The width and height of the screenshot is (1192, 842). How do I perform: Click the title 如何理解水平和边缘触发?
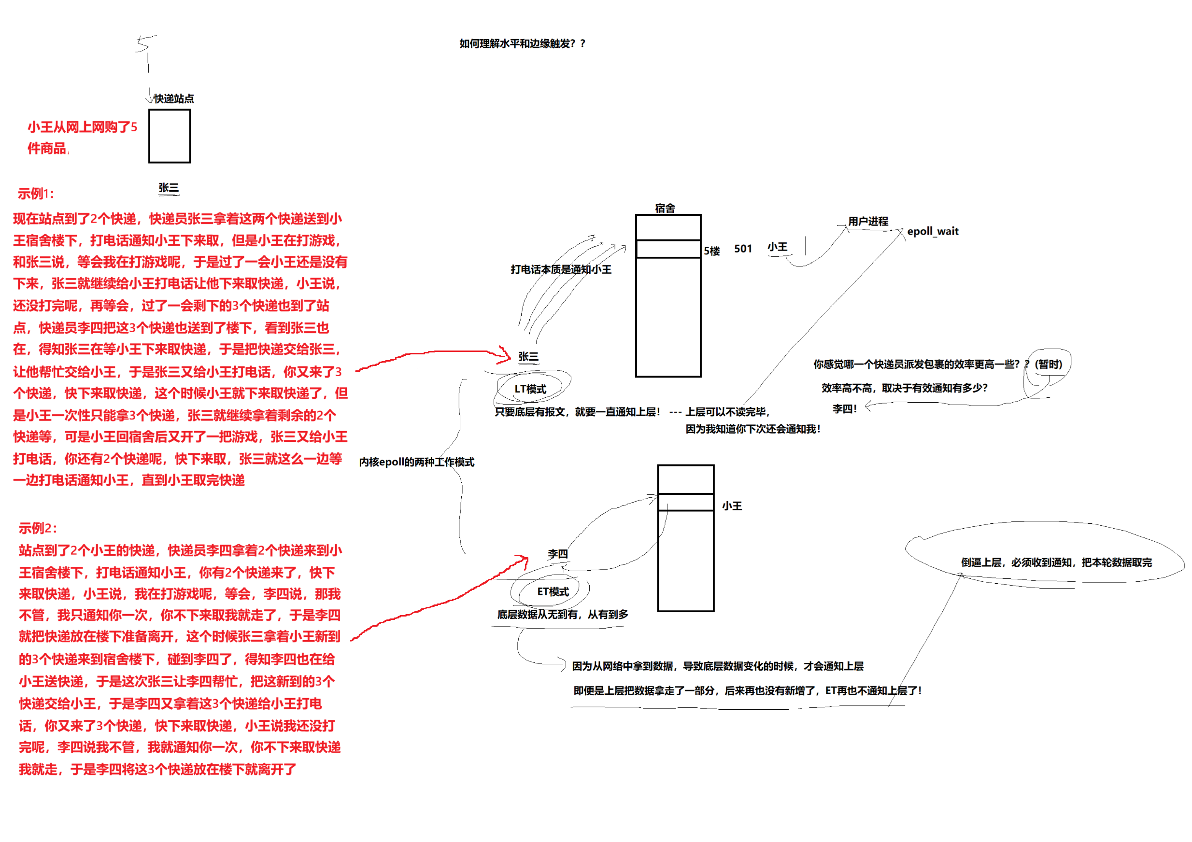(522, 43)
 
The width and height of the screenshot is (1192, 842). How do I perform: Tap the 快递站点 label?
(174, 98)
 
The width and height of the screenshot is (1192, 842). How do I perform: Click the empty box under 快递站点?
(169, 136)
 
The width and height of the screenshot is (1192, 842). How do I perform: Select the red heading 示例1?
(36, 194)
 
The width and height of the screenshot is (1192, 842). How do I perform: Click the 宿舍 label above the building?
(665, 208)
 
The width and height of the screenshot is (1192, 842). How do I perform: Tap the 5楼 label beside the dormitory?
(712, 251)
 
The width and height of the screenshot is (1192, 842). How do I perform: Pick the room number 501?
(743, 249)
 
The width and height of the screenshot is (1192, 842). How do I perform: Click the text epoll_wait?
(933, 232)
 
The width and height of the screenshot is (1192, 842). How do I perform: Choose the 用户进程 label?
(868, 221)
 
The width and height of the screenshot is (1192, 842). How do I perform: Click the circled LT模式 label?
(530, 389)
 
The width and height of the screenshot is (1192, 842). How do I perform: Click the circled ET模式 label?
(553, 592)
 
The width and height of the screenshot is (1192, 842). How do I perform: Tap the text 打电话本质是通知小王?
(561, 269)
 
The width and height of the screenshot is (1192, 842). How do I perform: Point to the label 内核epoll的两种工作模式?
(416, 462)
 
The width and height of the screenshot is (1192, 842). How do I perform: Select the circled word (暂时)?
(1048, 365)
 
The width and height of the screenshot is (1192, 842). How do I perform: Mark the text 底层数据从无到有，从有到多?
(562, 615)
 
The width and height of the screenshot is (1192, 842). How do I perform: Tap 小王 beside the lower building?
(732, 505)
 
